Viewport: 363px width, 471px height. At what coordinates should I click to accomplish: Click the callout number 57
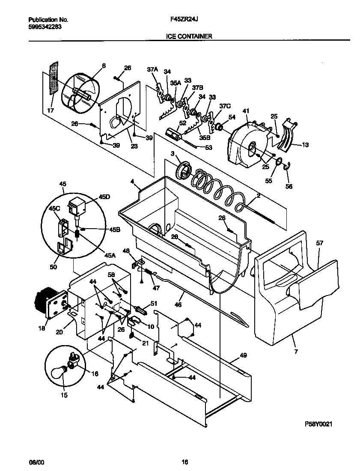[x=320, y=244]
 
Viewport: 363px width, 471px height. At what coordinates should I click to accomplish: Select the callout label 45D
[x=104, y=197]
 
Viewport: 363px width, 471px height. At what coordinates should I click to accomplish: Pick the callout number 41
[x=246, y=111]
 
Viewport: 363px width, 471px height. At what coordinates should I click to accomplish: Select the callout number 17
[x=51, y=110]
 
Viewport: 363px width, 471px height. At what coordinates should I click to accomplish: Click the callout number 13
[x=305, y=145]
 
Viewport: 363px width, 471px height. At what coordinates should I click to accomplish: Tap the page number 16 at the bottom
[x=184, y=462]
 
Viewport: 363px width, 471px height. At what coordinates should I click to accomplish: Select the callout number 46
[x=178, y=305]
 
